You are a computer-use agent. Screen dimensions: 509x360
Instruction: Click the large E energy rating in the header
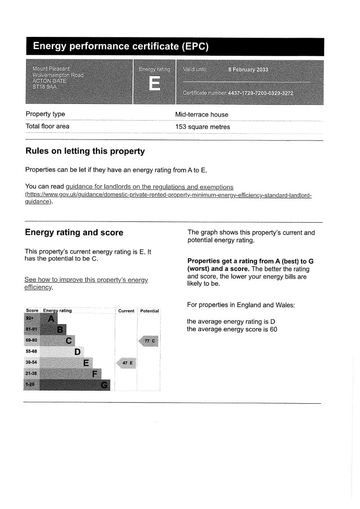coord(154,84)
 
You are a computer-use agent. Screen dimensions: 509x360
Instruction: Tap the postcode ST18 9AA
coord(45,87)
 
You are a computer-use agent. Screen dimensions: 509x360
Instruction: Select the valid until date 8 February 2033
coord(248,70)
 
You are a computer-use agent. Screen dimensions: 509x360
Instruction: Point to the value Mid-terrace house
coord(202,115)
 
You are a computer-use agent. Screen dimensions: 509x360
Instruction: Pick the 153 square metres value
coord(202,127)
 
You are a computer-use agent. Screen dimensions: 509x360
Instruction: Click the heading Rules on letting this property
coord(85,151)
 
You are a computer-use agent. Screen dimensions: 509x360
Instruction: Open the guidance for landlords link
coord(149,187)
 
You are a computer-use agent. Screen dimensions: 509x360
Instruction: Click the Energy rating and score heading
coord(74,233)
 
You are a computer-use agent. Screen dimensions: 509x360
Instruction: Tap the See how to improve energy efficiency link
coord(85,280)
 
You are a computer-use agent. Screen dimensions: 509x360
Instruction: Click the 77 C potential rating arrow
coord(149,341)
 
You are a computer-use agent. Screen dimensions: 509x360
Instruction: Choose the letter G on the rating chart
coord(104,385)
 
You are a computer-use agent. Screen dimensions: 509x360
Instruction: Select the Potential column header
coord(149,311)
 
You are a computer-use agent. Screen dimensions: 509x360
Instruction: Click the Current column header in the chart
coord(126,311)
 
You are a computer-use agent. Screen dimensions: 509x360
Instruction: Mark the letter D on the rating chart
coord(77,352)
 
